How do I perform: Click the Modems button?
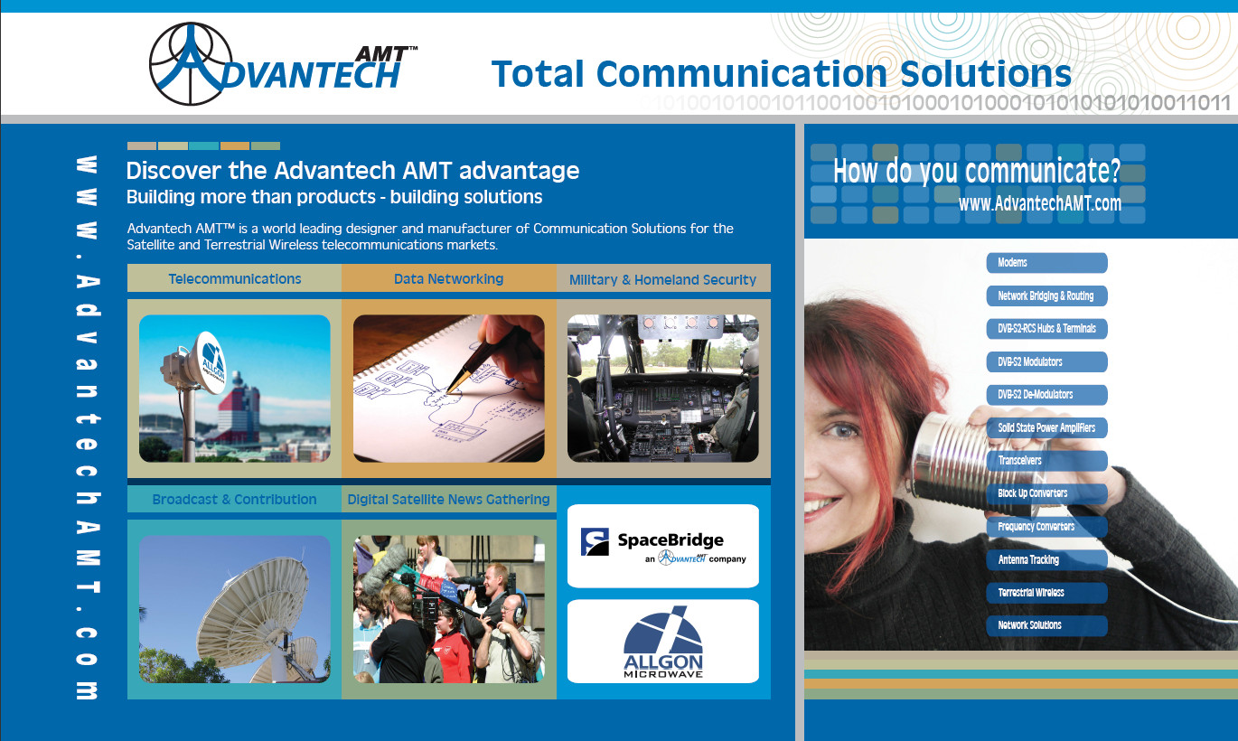point(1046,263)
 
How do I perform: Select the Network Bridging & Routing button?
point(1046,295)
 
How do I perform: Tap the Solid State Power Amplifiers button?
point(1046,427)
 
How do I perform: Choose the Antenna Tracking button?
point(1046,559)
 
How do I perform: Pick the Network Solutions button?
point(1046,625)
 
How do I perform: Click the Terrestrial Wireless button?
point(1046,593)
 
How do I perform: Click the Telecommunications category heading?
point(234,278)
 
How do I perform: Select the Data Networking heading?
point(448,278)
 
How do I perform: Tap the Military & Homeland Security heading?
point(662,279)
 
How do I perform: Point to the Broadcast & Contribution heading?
point(234,499)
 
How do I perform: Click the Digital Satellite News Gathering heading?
point(448,499)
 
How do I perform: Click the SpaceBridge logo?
point(662,546)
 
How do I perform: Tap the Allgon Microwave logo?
point(662,642)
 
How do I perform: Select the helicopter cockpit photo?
point(662,389)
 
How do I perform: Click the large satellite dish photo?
point(234,609)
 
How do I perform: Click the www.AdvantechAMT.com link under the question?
point(1039,203)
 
